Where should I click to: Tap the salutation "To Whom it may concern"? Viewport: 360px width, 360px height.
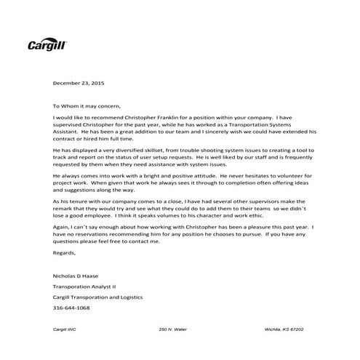coord(89,105)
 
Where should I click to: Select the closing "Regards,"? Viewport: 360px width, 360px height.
coord(64,252)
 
